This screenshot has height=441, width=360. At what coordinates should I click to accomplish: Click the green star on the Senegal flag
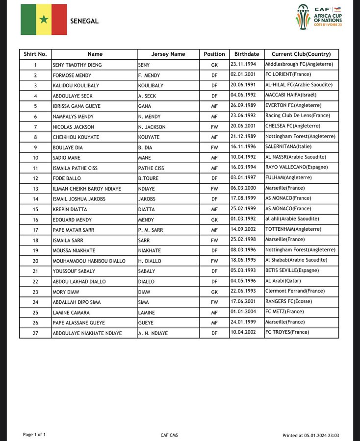tap(44, 20)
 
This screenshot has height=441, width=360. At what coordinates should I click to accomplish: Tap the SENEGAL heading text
tap(84, 21)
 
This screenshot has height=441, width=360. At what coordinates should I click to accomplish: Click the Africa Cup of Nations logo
tap(319, 17)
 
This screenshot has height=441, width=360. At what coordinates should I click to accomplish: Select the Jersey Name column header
tap(168, 54)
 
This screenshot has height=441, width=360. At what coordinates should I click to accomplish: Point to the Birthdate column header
tap(247, 54)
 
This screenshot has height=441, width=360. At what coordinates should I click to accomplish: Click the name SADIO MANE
tap(66, 158)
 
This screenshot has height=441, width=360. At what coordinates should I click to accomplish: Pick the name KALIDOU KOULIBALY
tap(75, 85)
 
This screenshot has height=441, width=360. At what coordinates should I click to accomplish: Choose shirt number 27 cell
tap(35, 333)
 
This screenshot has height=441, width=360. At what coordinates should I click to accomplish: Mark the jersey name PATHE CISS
tap(151, 168)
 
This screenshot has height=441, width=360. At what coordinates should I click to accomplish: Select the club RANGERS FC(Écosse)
tap(288, 302)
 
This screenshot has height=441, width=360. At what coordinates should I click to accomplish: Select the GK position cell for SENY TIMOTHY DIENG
tap(214, 65)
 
